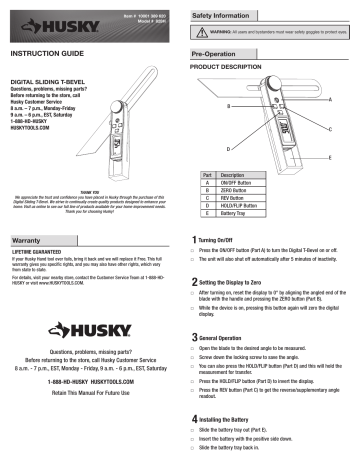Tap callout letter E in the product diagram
click(327, 157)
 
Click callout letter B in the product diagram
click(227, 104)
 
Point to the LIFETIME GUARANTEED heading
click(39, 256)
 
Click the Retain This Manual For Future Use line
click(90, 423)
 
